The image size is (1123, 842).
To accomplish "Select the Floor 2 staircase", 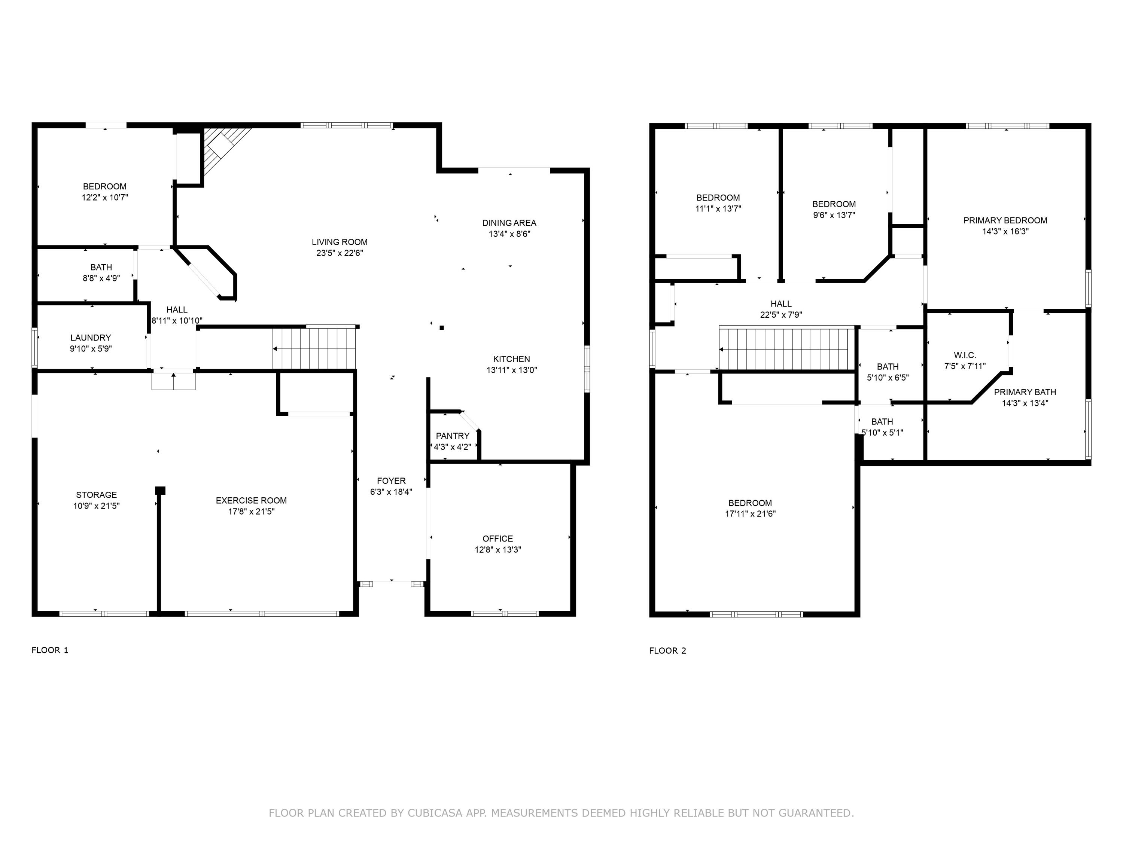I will (786, 349).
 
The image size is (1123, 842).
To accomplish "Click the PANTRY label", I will (452, 436).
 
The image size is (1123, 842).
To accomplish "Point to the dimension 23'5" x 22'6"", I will (339, 253).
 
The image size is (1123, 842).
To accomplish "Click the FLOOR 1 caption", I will (50, 650).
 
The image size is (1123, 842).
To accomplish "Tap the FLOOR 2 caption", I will (667, 651).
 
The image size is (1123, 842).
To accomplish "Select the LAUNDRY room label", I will (90, 338).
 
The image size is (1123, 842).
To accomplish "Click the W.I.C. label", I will (965, 355).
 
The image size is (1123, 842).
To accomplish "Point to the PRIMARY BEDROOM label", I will (1005, 220).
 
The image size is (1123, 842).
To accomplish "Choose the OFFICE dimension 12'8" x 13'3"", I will (497, 550).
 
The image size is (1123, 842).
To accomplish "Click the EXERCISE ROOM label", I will (251, 500).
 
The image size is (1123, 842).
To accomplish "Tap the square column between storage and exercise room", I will (160, 490).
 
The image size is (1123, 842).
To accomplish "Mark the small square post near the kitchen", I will (442, 328).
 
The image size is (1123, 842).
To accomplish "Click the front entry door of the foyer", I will (392, 584).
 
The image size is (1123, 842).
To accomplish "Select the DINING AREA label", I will (509, 223).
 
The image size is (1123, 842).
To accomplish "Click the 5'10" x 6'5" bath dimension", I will (888, 378).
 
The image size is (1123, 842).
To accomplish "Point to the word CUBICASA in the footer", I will (435, 813).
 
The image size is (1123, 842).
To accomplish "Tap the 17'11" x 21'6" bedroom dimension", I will (750, 514).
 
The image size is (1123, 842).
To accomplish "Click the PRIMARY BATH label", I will (1025, 392).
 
